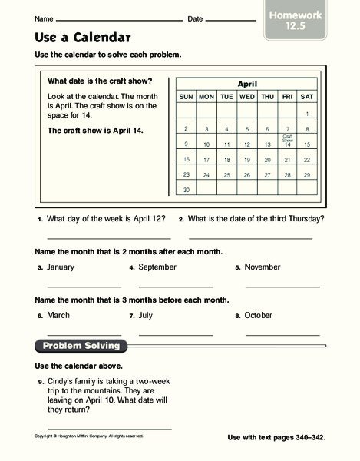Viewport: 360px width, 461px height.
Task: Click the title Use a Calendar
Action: coord(83,37)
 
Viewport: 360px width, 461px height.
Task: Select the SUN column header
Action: coord(186,98)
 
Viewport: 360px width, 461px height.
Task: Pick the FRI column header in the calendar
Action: coord(287,98)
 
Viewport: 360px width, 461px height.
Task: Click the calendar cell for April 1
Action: coord(307,113)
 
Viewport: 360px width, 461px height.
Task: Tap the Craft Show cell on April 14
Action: coord(287,143)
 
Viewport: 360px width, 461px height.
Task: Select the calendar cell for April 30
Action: coord(186,188)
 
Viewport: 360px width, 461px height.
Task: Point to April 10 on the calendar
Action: coord(206,144)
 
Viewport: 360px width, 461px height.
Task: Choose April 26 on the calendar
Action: coord(246,174)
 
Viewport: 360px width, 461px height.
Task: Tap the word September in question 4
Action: coord(158,267)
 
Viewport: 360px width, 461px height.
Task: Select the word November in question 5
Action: coord(265,267)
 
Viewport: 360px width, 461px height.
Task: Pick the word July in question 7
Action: coord(147,315)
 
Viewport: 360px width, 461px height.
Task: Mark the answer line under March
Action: coord(84,333)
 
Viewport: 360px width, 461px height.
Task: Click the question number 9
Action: coord(39,381)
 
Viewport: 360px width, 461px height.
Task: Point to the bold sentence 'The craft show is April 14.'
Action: coord(96,131)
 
